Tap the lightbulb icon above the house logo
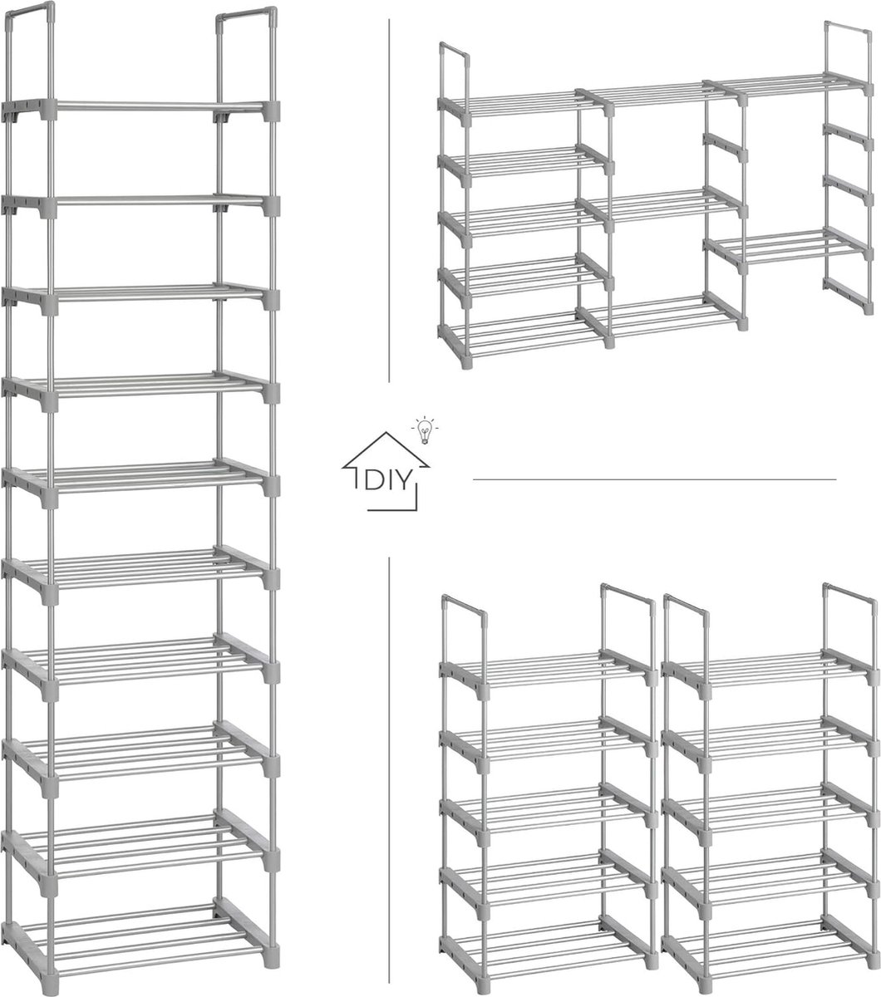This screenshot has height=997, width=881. [x=424, y=430]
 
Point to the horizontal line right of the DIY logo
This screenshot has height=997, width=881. [x=653, y=479]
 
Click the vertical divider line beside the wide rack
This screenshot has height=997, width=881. [x=389, y=199]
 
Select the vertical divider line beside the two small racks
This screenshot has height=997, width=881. [x=389, y=748]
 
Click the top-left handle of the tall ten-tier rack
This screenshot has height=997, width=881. [x=30, y=10]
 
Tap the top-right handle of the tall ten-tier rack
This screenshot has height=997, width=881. [x=246, y=15]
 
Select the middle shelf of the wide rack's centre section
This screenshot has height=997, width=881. [x=657, y=203]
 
